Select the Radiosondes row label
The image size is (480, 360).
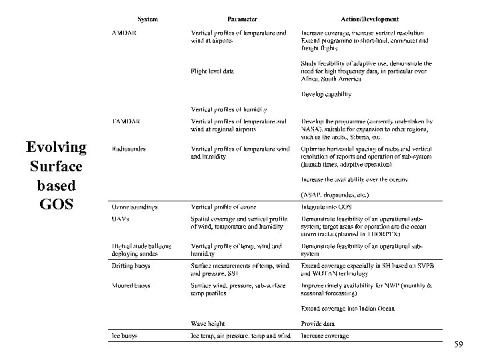point(129,149)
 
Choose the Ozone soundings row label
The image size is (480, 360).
point(135,207)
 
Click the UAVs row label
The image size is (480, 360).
point(121,219)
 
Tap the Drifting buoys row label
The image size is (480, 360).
point(131,266)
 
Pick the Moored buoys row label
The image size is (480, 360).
point(131,285)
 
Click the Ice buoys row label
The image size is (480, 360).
point(125,336)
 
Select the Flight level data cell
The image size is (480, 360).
point(212,71)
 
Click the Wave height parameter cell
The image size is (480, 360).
point(208,323)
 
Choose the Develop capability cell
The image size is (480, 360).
point(326,95)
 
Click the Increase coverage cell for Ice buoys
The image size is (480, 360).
point(325,336)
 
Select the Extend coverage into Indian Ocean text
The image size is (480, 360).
point(347,309)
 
